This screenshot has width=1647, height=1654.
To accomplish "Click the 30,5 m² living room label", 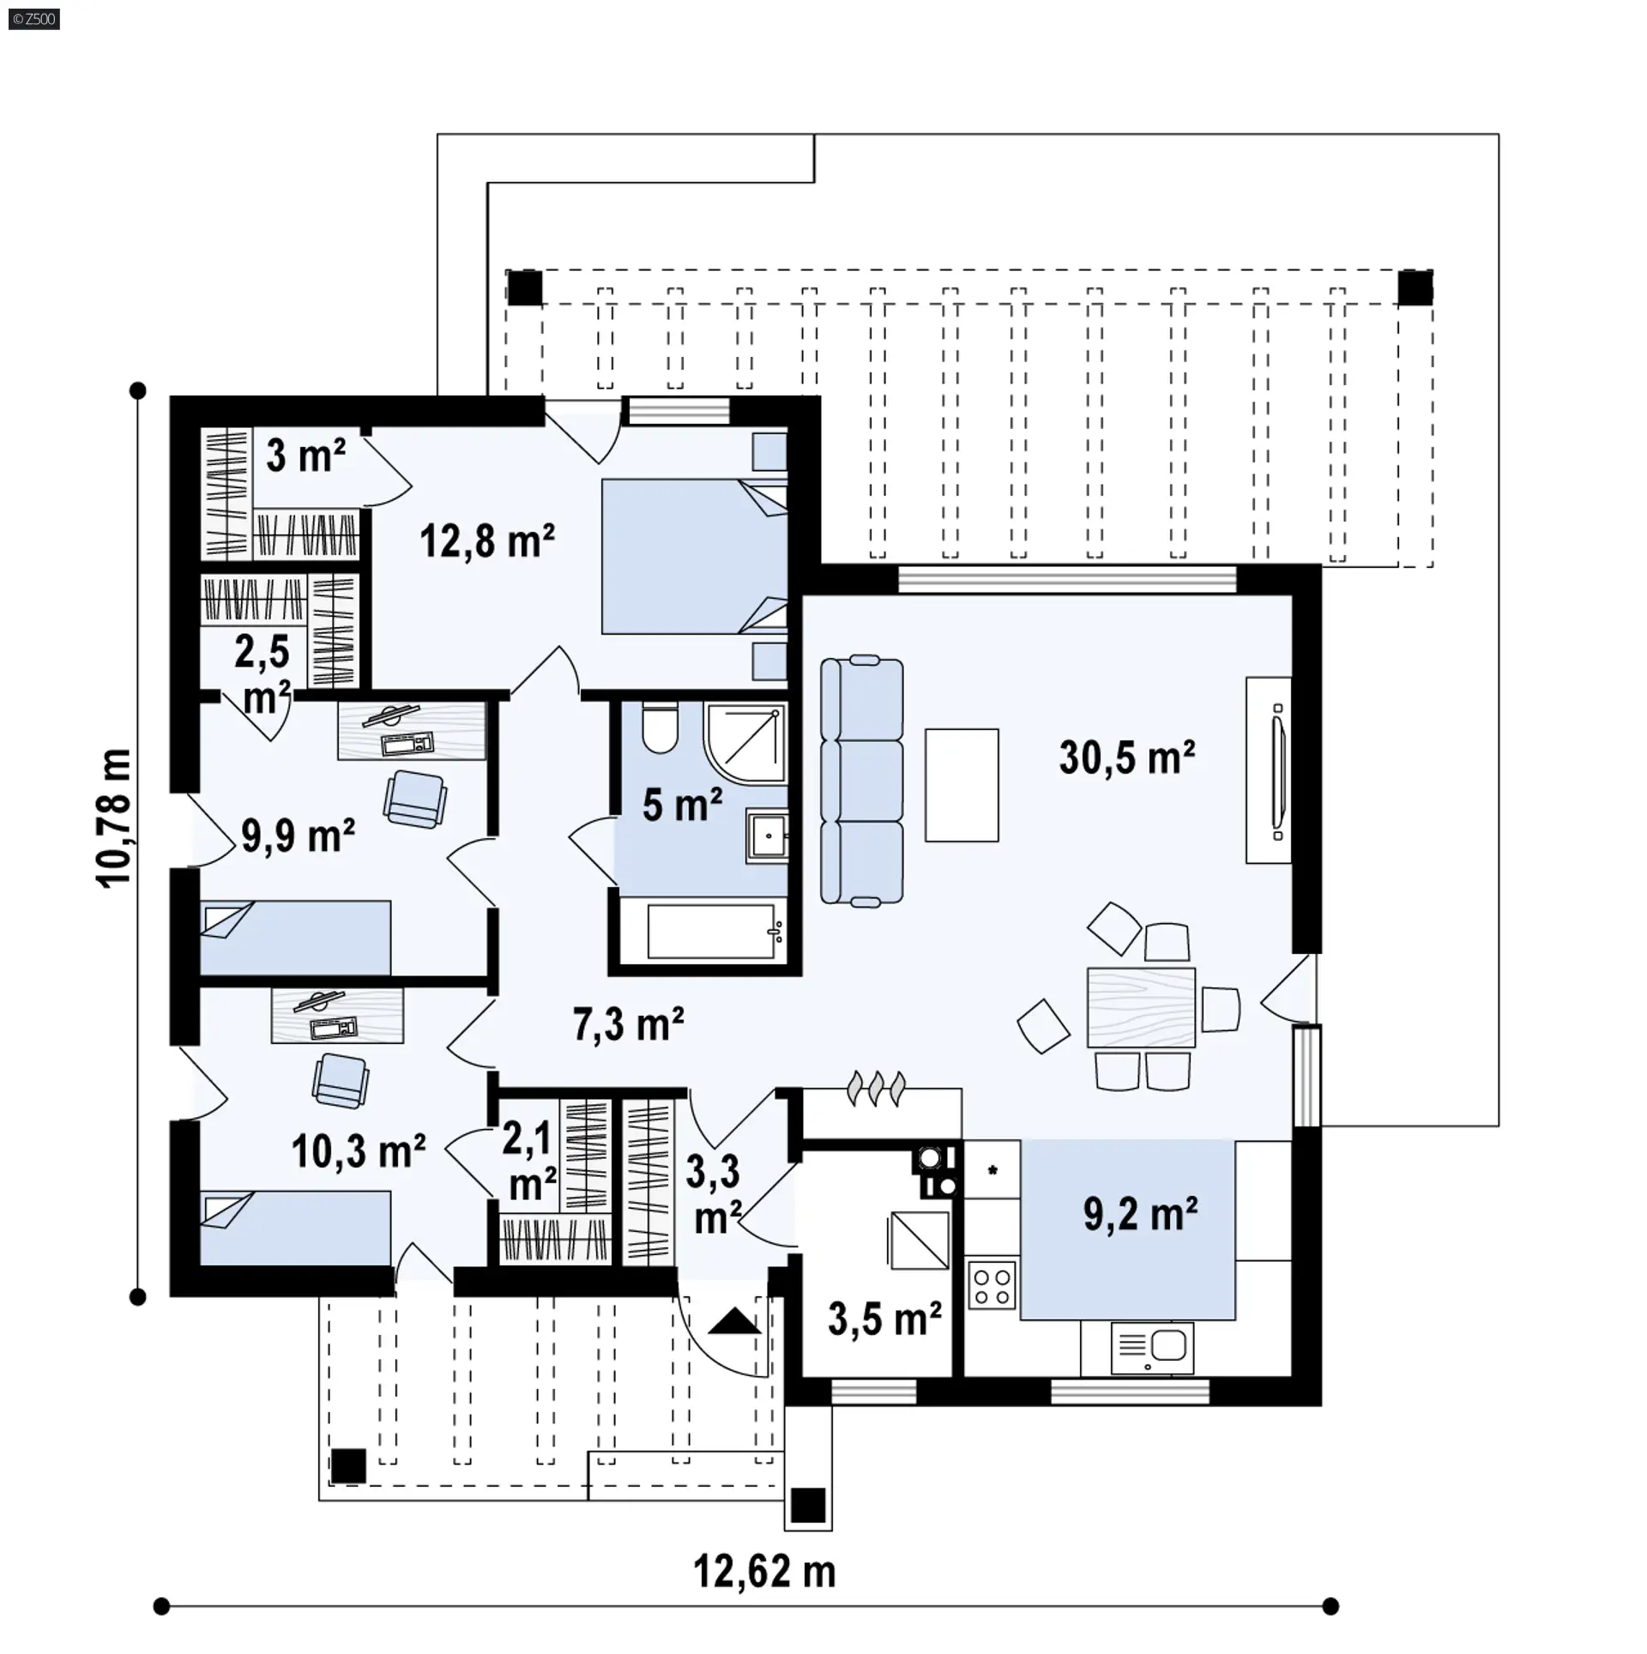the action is tap(1127, 758).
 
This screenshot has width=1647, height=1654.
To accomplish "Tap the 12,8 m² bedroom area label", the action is tap(486, 541).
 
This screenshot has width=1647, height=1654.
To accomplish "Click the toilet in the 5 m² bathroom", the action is tap(661, 727).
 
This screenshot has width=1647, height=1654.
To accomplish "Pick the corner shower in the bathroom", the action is tap(745, 743).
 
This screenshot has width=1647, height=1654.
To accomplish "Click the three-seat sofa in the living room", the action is tap(862, 781).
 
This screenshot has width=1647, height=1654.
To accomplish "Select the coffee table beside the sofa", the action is tap(962, 785).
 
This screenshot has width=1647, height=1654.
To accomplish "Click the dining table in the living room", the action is tap(1141, 1007).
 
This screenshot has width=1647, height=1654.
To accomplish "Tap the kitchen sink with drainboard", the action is tap(1152, 1348).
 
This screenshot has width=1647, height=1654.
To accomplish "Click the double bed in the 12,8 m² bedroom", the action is tap(694, 556).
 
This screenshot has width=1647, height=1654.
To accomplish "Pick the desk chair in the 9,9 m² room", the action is tap(415, 799).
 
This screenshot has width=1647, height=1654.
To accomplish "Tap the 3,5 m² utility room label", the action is tap(884, 1319).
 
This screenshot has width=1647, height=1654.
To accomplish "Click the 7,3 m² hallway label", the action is tap(628, 1024).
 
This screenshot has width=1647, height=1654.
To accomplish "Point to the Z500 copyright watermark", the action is tap(34, 19).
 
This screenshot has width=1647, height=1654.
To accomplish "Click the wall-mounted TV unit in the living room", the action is tap(1269, 770).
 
